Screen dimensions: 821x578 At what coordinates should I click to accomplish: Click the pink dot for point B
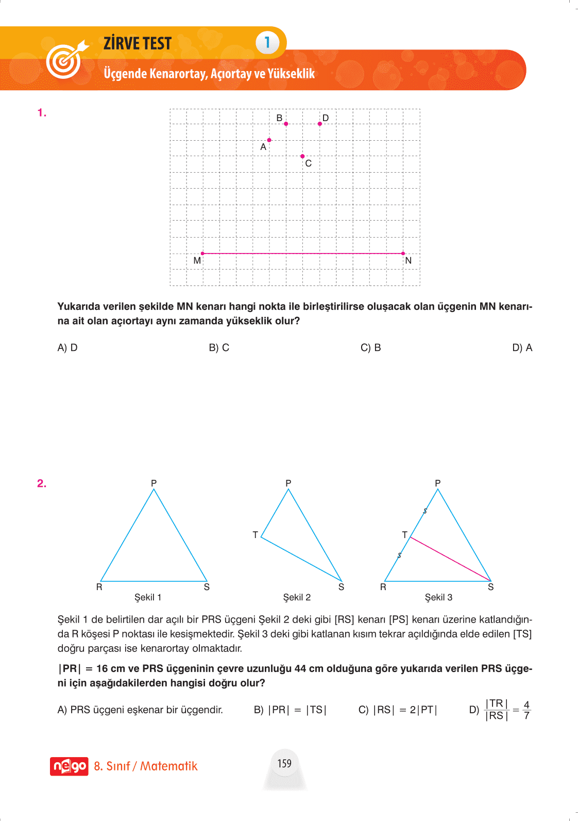pos(286,124)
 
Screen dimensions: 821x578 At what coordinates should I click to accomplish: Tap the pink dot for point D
pos(320,124)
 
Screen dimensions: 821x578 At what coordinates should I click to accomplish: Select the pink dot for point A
pos(269,140)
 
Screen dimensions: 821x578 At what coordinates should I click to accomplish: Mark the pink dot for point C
pos(302,156)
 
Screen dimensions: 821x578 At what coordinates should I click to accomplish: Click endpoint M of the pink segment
pos(202,254)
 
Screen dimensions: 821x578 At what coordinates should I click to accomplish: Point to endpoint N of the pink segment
pos(403,254)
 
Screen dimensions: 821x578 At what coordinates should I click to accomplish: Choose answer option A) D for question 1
pos(67,348)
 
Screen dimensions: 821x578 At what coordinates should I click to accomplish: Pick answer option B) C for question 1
pos(219,348)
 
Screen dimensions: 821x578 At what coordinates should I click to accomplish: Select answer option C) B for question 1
pos(370,348)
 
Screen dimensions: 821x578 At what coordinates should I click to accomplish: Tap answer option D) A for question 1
pos(522,348)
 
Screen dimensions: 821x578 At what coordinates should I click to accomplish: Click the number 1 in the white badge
pos(267,42)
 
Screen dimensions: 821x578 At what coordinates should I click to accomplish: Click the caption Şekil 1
pos(148,597)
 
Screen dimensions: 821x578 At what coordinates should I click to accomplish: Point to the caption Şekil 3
pos(438,597)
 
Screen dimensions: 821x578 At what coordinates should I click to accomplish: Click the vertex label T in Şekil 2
pos(255,535)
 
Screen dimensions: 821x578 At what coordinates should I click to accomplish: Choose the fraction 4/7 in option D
pos(526,710)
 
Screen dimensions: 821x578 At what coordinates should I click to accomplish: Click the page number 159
pos(284,763)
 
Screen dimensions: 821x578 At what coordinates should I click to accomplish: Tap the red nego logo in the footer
pos(69,766)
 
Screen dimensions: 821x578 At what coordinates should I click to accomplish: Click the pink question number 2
pos(42,483)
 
